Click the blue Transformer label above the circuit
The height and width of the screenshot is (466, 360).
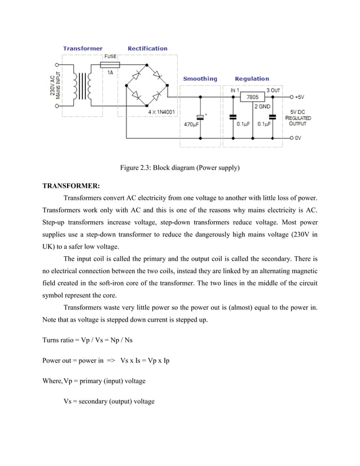82,49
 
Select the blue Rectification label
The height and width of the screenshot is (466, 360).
147,49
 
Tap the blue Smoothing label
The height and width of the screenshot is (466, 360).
200,78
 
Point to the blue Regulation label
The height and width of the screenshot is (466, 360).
252,78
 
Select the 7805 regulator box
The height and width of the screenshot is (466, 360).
253,97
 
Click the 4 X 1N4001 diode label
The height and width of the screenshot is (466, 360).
161,112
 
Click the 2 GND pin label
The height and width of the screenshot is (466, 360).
263,106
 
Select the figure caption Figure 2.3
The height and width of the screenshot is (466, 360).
179,168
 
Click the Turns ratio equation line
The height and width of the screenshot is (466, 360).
87,340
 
